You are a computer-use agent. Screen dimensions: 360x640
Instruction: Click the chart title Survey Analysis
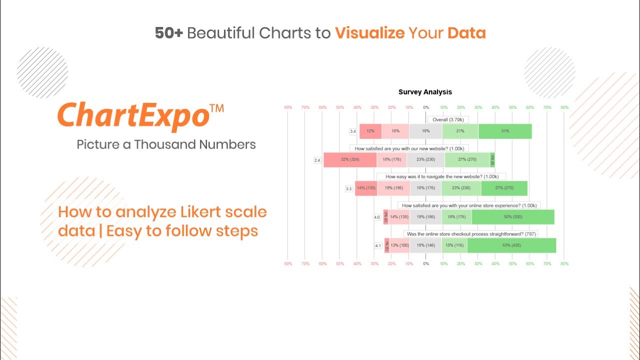click(x=425, y=92)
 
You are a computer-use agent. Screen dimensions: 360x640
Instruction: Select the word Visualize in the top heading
click(x=369, y=33)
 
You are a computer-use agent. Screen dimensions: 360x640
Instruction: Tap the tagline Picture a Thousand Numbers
click(x=166, y=144)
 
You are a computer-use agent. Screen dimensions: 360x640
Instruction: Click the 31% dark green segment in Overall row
click(x=504, y=131)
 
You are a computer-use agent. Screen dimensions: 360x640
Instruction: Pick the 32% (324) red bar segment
click(x=349, y=160)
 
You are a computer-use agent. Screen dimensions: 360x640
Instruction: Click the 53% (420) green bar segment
click(x=511, y=245)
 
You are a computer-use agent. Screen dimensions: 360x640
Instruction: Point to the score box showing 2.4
click(x=317, y=160)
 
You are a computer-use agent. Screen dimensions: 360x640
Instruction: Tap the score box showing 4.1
click(x=378, y=246)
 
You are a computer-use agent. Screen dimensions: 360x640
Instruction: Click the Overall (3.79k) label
click(x=448, y=119)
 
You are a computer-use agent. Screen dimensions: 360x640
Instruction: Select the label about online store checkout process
click(x=470, y=234)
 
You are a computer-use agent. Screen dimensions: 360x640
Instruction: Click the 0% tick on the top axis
click(x=426, y=107)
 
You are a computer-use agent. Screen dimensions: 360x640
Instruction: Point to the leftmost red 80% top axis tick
click(x=288, y=107)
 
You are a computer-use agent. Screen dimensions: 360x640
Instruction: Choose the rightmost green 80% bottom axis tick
click(x=564, y=263)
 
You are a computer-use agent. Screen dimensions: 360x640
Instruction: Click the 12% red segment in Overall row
click(x=370, y=131)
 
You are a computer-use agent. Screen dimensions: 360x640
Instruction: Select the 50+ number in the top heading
click(x=168, y=33)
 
